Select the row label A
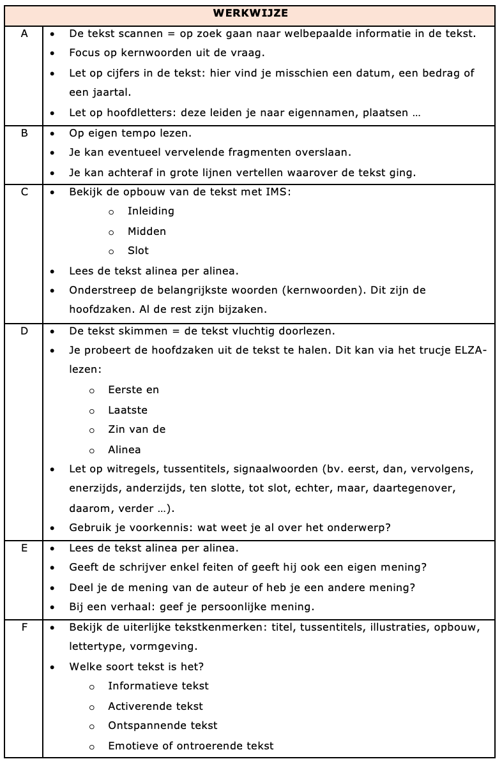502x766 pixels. tap(24, 34)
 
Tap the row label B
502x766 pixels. tap(24, 133)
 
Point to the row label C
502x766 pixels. tap(24, 192)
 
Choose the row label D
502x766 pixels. tap(24, 331)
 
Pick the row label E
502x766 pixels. tap(24, 548)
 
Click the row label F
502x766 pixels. tap(24, 627)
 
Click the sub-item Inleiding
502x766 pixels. tap(151, 211)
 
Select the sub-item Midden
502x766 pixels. tap(146, 231)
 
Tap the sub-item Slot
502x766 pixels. tap(138, 251)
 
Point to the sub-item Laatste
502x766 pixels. tap(128, 410)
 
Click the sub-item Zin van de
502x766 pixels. tap(137, 430)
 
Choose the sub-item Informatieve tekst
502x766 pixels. tap(158, 686)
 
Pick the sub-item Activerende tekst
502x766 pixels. tap(155, 706)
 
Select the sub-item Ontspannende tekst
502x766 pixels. tap(163, 726)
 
